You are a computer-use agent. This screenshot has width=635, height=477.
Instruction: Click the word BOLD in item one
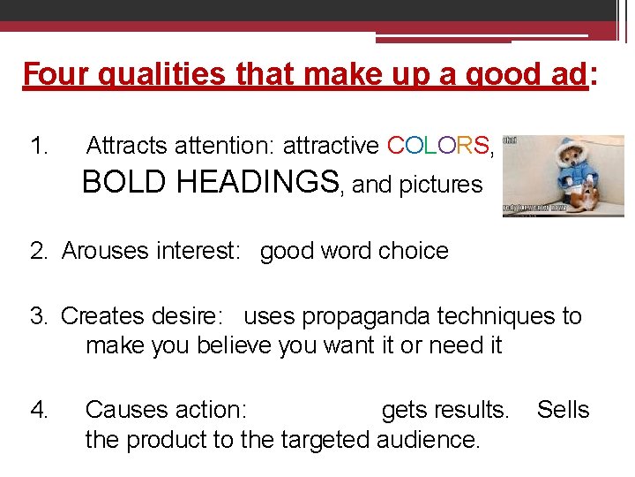pos(124,183)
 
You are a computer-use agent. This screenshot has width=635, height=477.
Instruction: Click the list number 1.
pos(39,145)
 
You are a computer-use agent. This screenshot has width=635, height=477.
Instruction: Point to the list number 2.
pos(38,251)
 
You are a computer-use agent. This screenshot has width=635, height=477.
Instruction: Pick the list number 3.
pos(38,315)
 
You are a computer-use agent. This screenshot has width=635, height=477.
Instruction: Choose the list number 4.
pos(39,410)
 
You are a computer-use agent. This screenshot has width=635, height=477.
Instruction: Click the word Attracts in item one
pos(130,145)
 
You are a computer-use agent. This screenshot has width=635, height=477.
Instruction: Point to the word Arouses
pos(107,251)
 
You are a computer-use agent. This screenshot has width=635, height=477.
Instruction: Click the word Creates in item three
pos(107,315)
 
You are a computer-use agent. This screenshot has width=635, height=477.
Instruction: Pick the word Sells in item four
pos(563,410)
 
